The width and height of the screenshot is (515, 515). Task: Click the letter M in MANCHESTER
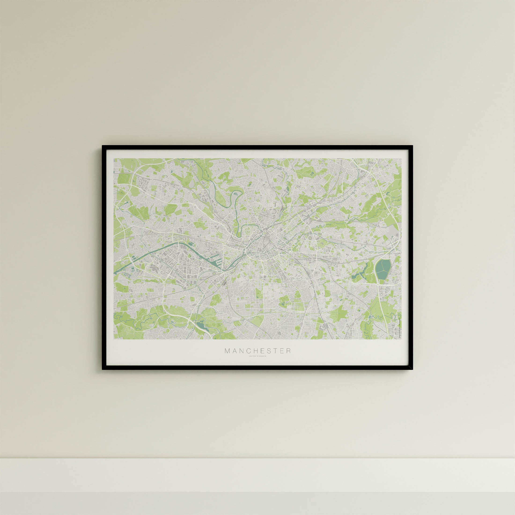(227, 351)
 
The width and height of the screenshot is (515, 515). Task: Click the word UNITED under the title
(252, 356)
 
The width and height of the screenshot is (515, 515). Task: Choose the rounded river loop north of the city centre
(236, 196)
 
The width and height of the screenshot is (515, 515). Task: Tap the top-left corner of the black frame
(103, 146)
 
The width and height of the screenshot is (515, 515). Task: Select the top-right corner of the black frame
(412, 146)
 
